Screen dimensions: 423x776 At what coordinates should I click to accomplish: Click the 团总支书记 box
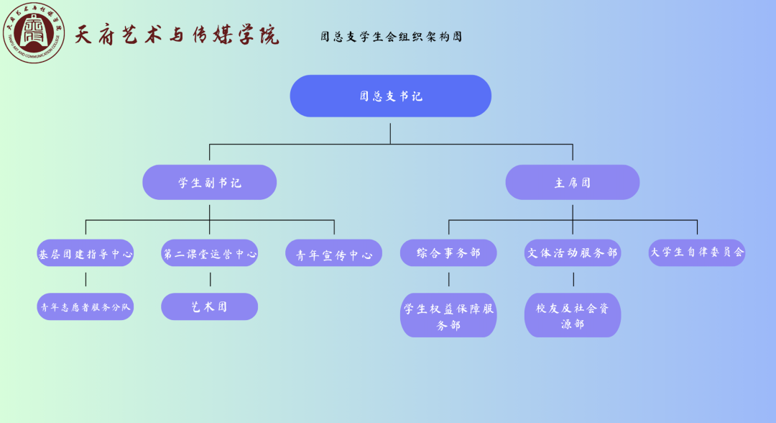tap(390, 96)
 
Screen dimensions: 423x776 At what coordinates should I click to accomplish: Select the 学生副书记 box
tap(209, 182)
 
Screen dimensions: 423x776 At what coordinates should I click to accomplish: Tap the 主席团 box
tap(572, 182)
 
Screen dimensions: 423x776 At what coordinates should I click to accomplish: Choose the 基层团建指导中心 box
tap(86, 253)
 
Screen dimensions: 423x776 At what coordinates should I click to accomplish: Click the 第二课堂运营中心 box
tap(209, 253)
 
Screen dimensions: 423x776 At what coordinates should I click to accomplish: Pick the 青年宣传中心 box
tap(333, 254)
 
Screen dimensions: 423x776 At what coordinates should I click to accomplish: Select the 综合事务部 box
tap(448, 253)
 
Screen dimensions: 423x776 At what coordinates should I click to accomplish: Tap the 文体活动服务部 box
tap(573, 253)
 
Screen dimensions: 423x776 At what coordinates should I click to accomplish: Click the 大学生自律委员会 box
tap(697, 253)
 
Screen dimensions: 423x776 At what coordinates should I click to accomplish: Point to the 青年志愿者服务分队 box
tap(86, 306)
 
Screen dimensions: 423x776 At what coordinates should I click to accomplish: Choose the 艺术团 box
tap(209, 306)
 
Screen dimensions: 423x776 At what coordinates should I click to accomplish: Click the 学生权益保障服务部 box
tap(448, 316)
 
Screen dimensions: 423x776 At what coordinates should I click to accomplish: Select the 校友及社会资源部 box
tap(573, 316)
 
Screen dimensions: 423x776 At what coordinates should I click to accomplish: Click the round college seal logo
tap(34, 33)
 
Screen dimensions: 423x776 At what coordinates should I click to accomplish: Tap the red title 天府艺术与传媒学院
tap(177, 35)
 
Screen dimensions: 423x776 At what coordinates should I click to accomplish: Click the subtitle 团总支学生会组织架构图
tap(391, 37)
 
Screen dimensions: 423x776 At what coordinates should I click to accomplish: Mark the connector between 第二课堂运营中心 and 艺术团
tap(210, 280)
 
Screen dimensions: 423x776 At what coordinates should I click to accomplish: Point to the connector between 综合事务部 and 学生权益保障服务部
tap(449, 280)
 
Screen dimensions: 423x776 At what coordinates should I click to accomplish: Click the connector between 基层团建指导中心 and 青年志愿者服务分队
tap(86, 280)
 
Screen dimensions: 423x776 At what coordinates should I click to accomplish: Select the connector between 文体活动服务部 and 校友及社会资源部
tap(573, 280)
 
